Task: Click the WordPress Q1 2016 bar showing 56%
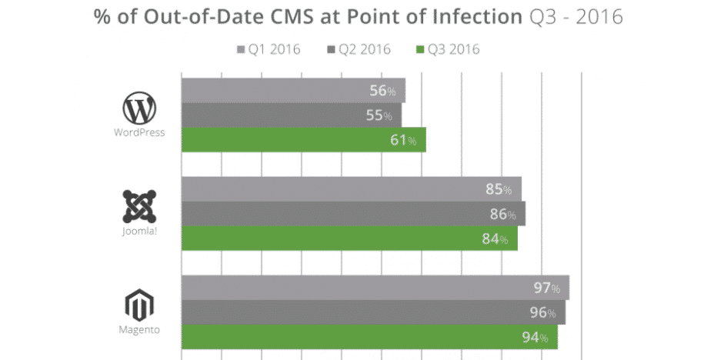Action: tap(292, 90)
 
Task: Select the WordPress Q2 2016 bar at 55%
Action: tap(291, 115)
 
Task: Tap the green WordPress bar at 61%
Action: tap(302, 139)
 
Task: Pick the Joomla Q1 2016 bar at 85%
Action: tap(351, 188)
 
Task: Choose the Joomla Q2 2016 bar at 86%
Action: tap(352, 213)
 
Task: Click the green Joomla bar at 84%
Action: tap(349, 238)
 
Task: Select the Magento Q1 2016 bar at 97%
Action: tap(375, 287)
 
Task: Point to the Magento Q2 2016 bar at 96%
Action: tap(373, 312)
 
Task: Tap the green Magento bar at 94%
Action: tap(369, 336)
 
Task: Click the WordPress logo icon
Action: tap(139, 108)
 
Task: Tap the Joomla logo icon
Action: tap(140, 206)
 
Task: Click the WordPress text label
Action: tap(139, 132)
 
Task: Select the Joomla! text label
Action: tap(139, 230)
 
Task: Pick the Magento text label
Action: tap(139, 329)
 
